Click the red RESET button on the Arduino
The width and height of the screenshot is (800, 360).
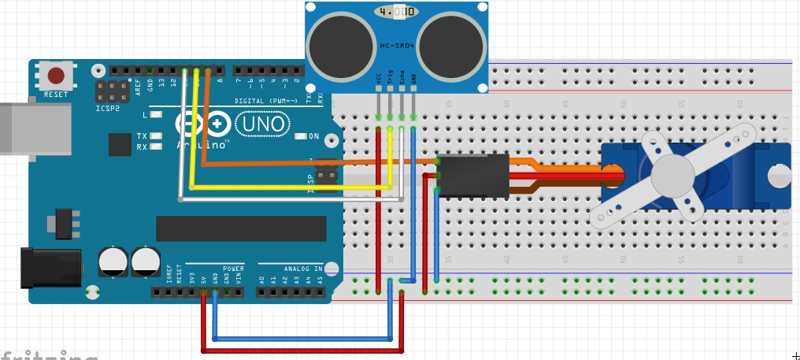[56, 76]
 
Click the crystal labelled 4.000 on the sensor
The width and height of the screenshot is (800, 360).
[395, 12]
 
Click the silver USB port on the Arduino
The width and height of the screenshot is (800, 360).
[16, 126]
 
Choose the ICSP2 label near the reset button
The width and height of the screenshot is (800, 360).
[107, 109]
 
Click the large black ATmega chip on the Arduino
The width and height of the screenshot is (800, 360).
[241, 228]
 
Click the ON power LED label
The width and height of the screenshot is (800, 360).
[313, 135]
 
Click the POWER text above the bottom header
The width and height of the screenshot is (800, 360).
[233, 269]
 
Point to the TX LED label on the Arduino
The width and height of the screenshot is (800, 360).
[142, 135]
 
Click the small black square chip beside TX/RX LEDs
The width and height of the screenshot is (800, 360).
[120, 144]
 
